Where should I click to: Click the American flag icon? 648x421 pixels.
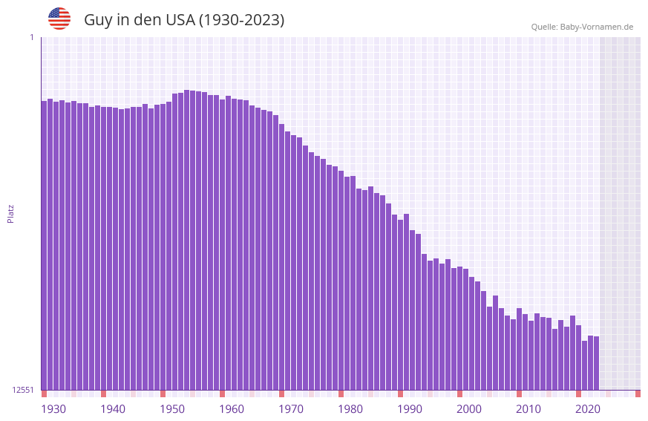59,19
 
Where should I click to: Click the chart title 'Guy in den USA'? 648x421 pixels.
184,20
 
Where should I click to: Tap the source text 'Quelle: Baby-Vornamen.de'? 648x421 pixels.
582,27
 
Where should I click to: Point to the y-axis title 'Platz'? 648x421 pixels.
10,213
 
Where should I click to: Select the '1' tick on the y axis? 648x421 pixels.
31,37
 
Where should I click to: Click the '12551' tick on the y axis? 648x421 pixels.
23,390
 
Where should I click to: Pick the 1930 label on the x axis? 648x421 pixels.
53,409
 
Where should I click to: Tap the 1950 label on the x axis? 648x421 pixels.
172,409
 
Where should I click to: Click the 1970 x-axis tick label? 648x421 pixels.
291,409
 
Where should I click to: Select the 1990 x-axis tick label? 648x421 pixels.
410,409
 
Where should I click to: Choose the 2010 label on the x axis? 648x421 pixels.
528,409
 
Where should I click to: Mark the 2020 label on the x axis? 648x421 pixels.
587,409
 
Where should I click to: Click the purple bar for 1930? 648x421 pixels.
44,245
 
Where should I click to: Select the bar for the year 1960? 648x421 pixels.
222,245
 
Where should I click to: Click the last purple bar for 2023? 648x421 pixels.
596,364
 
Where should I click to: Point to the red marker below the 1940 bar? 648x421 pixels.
103,394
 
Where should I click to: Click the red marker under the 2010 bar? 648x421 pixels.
519,394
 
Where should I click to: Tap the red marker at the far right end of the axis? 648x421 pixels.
638,394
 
